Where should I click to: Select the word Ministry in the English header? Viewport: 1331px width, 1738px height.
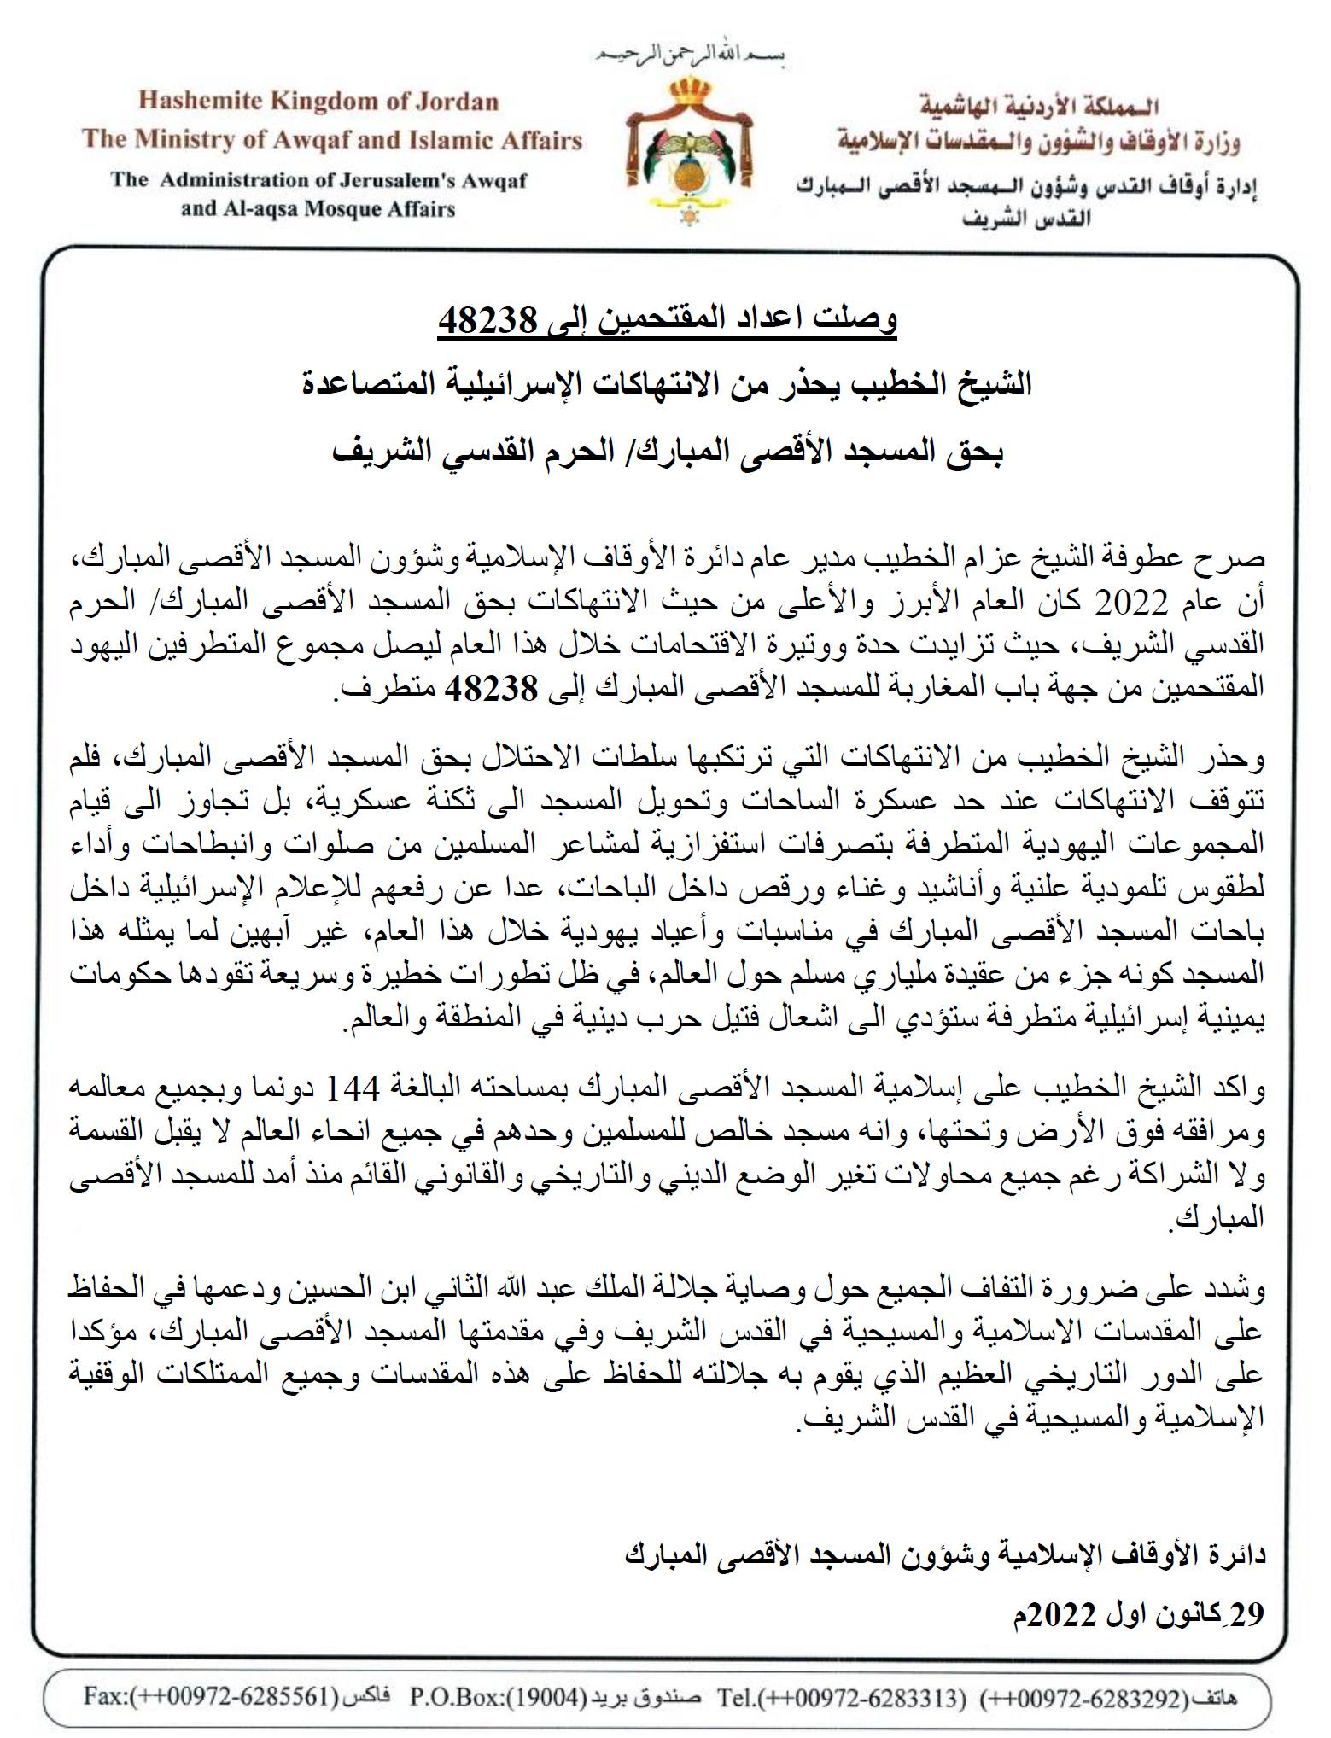click(x=187, y=139)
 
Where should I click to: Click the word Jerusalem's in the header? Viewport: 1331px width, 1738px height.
click(x=392, y=181)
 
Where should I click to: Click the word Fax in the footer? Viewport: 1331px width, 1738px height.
click(x=101, y=1694)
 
